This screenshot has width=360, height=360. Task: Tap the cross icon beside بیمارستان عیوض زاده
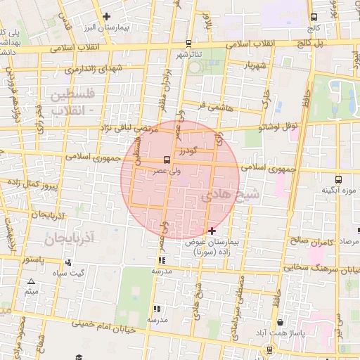(x=212, y=231)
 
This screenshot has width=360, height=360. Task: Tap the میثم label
(x=31, y=290)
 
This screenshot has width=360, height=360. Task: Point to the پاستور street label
(x=32, y=259)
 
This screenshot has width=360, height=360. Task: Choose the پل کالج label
(x=328, y=44)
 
